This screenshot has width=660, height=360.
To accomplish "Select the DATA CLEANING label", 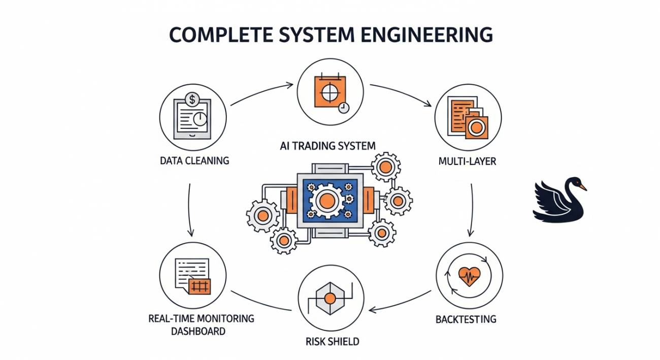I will (x=194, y=160).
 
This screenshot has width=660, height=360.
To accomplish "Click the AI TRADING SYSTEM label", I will (x=327, y=146).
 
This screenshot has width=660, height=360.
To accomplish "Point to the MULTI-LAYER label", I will (x=467, y=161).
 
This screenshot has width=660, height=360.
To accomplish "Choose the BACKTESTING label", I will (x=466, y=319).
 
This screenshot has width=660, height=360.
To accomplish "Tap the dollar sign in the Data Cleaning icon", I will (x=192, y=98).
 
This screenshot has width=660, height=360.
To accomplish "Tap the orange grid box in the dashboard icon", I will (x=199, y=286).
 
